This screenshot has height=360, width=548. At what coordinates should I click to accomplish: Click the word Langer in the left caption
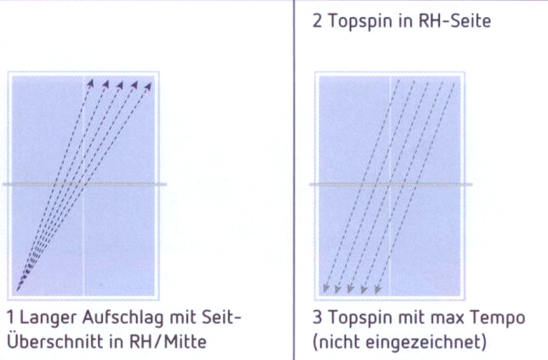coord(49,319)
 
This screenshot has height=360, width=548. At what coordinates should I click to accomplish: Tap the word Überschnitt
coord(55,341)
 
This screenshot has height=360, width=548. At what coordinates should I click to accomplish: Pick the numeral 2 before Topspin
coord(317,21)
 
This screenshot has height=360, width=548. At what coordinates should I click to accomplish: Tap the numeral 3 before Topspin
coord(317,317)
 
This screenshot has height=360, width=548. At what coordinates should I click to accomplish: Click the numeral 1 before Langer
coord(11,317)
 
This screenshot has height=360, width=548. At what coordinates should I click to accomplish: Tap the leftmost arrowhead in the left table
coord(91,83)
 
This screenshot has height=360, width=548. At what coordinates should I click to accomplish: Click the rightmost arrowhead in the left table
coord(149,86)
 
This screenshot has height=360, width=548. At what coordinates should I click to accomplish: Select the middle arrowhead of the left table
coord(120,85)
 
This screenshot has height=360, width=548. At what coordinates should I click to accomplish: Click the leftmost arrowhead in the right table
coord(326,289)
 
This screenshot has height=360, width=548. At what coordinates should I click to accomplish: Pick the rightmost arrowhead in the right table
coord(378,289)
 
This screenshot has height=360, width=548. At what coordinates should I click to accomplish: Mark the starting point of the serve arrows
coord(18,289)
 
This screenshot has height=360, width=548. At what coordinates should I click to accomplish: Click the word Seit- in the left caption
coord(221,317)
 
